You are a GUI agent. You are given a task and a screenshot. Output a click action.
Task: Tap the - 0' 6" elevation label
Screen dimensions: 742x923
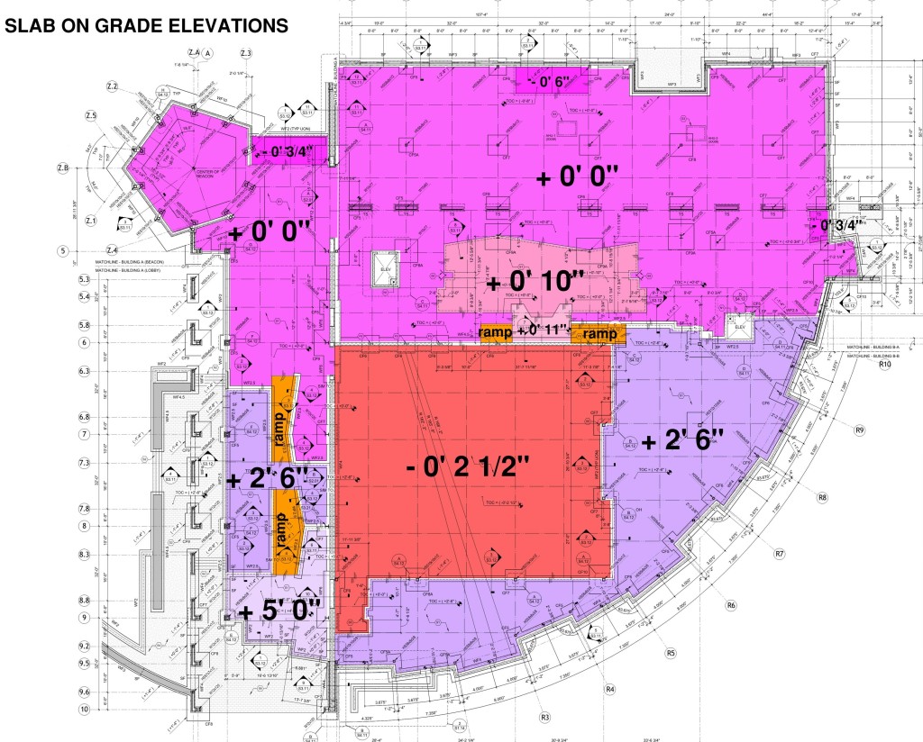point(549,82)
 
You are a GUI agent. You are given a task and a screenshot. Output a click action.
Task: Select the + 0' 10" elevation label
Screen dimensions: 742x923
point(531,283)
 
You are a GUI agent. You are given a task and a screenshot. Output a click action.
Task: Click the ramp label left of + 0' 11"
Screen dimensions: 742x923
point(497,332)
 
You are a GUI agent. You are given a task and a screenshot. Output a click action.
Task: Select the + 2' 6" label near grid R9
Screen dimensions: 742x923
point(684,441)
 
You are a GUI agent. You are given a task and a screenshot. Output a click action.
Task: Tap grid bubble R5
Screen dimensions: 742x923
point(671,652)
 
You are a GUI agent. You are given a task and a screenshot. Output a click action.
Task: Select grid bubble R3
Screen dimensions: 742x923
point(544,718)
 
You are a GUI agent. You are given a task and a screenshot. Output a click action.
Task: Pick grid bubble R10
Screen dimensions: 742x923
point(884,365)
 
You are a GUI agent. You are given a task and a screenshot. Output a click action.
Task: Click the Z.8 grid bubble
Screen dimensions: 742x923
point(88,167)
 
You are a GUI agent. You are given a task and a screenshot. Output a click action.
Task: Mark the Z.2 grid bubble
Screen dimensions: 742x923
point(113,86)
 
